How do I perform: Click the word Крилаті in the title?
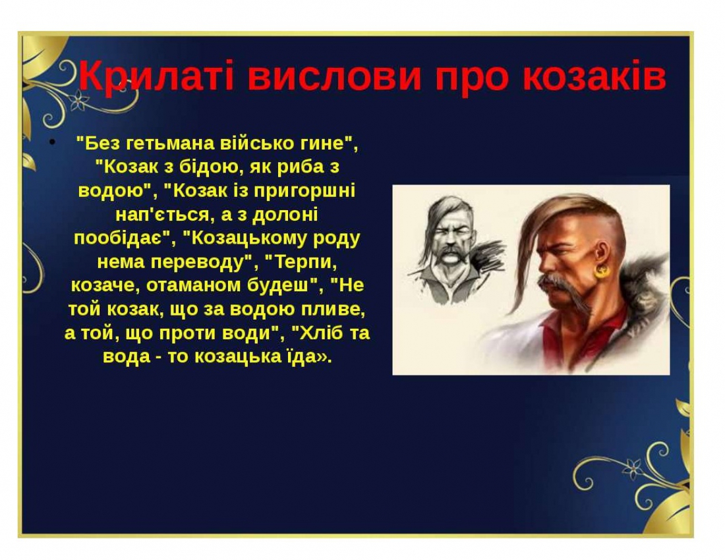point(156,76)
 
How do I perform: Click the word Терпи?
point(304,262)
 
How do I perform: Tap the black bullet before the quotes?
point(53,141)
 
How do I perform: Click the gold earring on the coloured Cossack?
point(602,271)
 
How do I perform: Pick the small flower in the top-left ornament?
point(80,100)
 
